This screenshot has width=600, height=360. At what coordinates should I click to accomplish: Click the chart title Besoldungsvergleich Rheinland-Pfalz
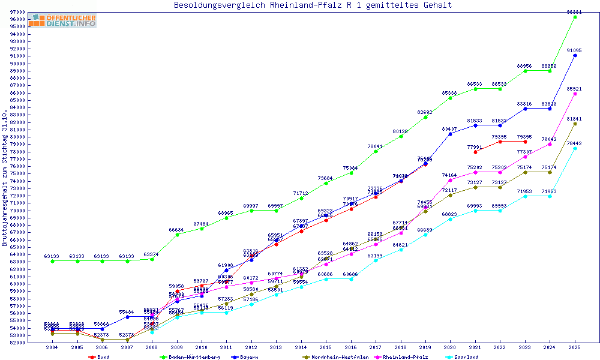(x=313, y=5)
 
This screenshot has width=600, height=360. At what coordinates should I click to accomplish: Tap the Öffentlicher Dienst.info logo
(x=62, y=20)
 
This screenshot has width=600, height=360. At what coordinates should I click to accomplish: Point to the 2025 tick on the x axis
(x=575, y=347)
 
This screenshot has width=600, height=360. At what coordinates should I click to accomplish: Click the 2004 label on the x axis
(x=52, y=347)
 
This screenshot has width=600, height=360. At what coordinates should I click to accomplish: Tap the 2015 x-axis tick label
(x=326, y=347)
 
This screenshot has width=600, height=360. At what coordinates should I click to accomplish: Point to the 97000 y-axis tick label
(x=17, y=12)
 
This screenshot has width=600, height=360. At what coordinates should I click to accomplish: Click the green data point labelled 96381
(x=575, y=17)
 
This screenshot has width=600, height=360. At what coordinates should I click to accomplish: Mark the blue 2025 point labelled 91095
(x=575, y=55)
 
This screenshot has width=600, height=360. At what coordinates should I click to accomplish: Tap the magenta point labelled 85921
(x=575, y=94)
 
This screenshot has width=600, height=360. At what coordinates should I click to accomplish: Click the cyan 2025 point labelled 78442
(x=575, y=148)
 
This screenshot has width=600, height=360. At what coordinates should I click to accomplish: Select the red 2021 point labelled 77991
(x=475, y=152)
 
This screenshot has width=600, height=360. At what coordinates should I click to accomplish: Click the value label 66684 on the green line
(x=176, y=230)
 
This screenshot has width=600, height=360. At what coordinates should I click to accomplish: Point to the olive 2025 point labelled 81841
(x=575, y=124)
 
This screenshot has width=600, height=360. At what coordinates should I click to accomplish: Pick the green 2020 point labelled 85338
(x=450, y=98)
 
